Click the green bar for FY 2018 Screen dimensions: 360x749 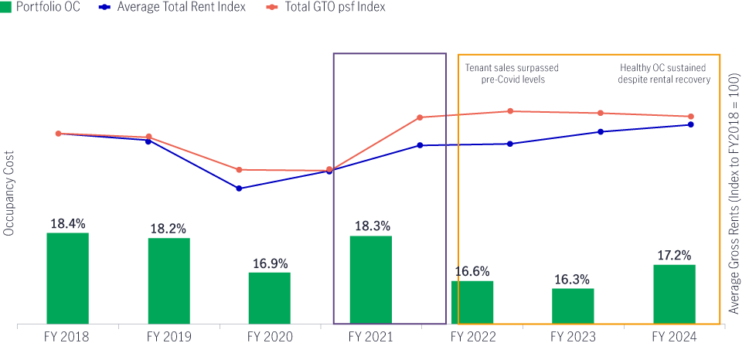[x=67, y=278]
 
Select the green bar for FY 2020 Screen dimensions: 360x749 [x=269, y=298]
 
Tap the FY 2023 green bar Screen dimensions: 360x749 [x=573, y=306]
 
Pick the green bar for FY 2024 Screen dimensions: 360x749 [x=674, y=294]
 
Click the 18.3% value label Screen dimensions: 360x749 [x=371, y=226]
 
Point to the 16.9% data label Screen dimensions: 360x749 [x=270, y=263]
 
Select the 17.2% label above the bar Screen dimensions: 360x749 [x=674, y=255]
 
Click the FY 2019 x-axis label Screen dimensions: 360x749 [x=169, y=337]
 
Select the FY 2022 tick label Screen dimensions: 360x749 [x=472, y=337]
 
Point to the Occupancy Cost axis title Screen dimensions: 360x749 [x=9, y=192]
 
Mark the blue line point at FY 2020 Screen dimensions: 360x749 [x=239, y=188]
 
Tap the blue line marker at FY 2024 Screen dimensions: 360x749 [x=690, y=124]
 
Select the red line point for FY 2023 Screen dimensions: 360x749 [x=601, y=113]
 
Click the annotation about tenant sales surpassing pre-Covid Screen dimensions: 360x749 [x=511, y=73]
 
